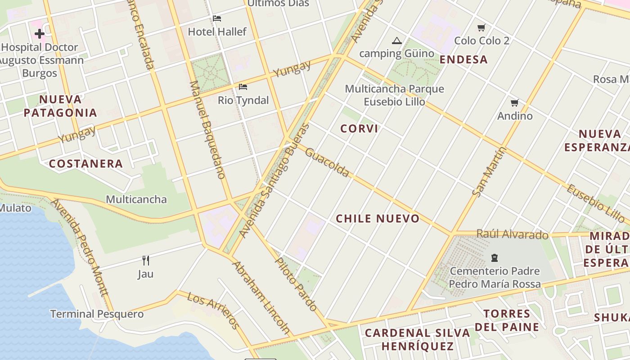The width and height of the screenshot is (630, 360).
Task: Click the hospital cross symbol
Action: point(40,34)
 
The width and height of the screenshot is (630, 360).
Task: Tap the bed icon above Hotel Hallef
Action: point(217,18)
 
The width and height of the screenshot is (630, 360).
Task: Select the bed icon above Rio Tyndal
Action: point(243,86)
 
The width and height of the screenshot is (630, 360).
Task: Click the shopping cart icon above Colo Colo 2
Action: point(481,28)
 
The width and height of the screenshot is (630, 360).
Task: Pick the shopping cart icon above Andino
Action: point(515,103)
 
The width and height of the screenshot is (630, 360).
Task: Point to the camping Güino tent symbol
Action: point(396,41)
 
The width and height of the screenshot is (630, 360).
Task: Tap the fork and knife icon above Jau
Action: point(145,260)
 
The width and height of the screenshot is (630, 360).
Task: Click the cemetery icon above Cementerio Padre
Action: point(495,258)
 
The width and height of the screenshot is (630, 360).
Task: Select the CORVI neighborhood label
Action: point(359,129)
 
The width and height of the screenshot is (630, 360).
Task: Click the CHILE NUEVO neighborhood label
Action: point(378,219)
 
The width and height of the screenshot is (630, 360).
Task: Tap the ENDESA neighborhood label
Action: point(463,59)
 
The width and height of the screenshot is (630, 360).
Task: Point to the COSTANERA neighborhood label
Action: point(85,164)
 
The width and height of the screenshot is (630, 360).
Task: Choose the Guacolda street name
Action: point(327,162)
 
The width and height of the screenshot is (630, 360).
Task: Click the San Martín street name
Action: point(489,171)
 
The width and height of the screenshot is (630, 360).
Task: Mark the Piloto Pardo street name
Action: point(296,284)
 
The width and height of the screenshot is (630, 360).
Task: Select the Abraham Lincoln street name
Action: point(261,297)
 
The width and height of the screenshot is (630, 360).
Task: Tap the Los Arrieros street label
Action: point(213,310)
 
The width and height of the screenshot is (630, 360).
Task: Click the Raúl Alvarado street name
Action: point(512,234)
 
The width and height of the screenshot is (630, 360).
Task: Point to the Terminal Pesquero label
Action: point(97,314)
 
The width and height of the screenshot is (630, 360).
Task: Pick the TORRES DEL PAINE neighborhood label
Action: point(507,320)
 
